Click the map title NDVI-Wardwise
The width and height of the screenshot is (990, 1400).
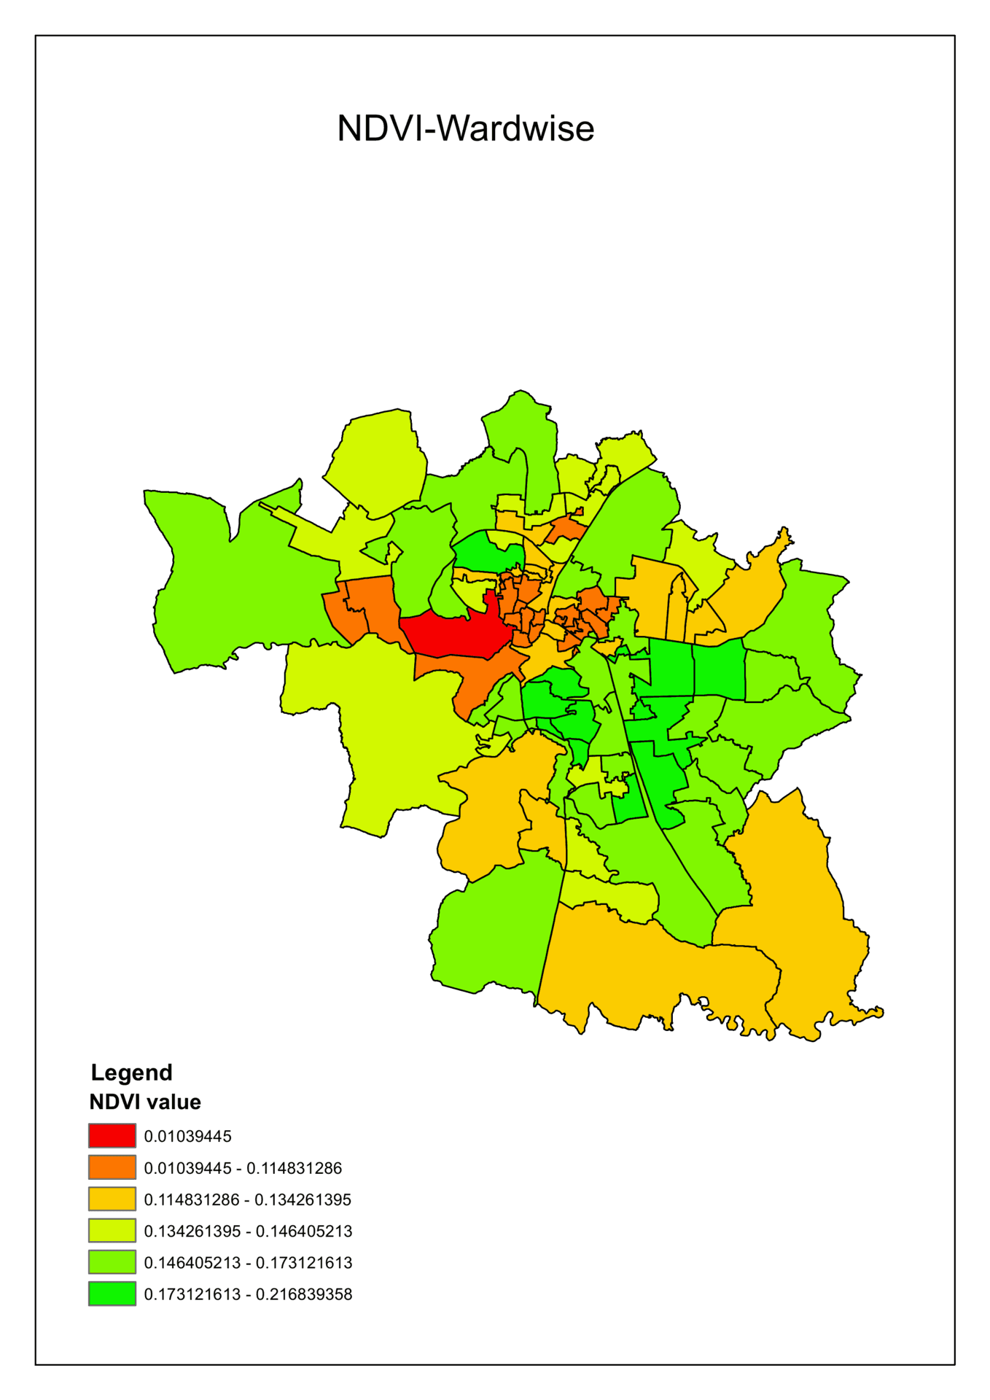tap(465, 128)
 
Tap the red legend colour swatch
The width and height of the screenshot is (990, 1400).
tap(112, 1135)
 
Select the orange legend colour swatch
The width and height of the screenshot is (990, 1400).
tap(112, 1167)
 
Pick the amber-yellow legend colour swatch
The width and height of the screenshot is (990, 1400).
tap(112, 1199)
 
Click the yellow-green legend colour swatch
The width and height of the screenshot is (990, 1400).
tap(112, 1230)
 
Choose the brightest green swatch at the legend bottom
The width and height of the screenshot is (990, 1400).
tap(112, 1294)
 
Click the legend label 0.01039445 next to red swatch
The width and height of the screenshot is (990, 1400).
tap(187, 1136)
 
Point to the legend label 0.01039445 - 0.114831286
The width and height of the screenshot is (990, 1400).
tap(243, 1168)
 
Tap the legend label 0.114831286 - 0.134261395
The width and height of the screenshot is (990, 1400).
tap(247, 1199)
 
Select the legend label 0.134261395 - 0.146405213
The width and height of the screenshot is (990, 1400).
tap(248, 1231)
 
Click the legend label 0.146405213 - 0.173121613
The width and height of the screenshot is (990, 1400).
tap(248, 1262)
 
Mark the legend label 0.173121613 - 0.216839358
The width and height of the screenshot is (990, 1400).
tap(248, 1294)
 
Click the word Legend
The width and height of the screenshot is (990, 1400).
tap(131, 1073)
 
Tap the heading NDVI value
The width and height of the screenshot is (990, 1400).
tap(145, 1102)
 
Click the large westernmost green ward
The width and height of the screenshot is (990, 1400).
tap(233, 583)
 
